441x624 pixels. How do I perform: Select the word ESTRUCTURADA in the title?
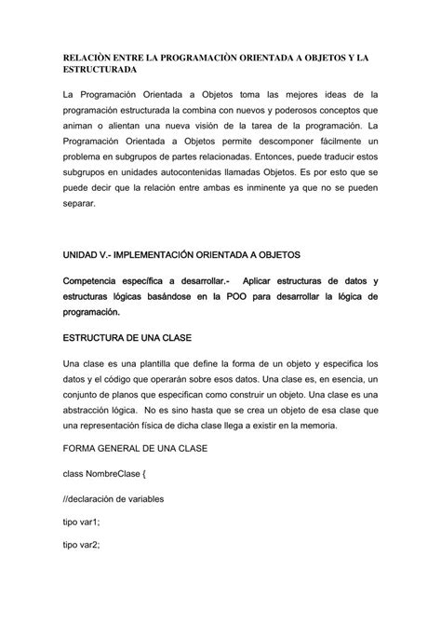(100, 70)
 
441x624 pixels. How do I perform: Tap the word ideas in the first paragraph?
(332, 95)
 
